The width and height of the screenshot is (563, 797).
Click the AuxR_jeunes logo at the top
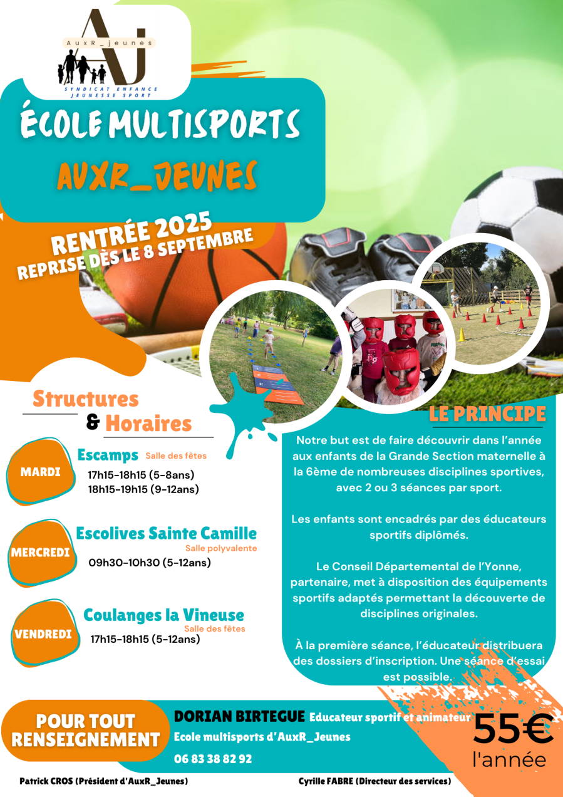click(108, 53)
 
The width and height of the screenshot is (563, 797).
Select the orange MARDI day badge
click(41, 472)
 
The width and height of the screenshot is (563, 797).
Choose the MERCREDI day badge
click(41, 553)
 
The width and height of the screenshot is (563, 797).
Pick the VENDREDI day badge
click(43, 634)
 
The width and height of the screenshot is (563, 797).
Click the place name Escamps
click(108, 455)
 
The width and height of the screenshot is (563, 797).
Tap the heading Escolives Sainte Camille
click(167, 534)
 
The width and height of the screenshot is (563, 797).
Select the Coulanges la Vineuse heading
click(164, 615)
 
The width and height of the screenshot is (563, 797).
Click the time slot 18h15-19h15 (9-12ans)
click(143, 489)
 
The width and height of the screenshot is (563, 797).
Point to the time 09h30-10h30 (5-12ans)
click(150, 563)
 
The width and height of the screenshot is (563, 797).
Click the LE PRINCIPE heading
click(487, 414)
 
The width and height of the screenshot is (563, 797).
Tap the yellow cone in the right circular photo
click(462, 335)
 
